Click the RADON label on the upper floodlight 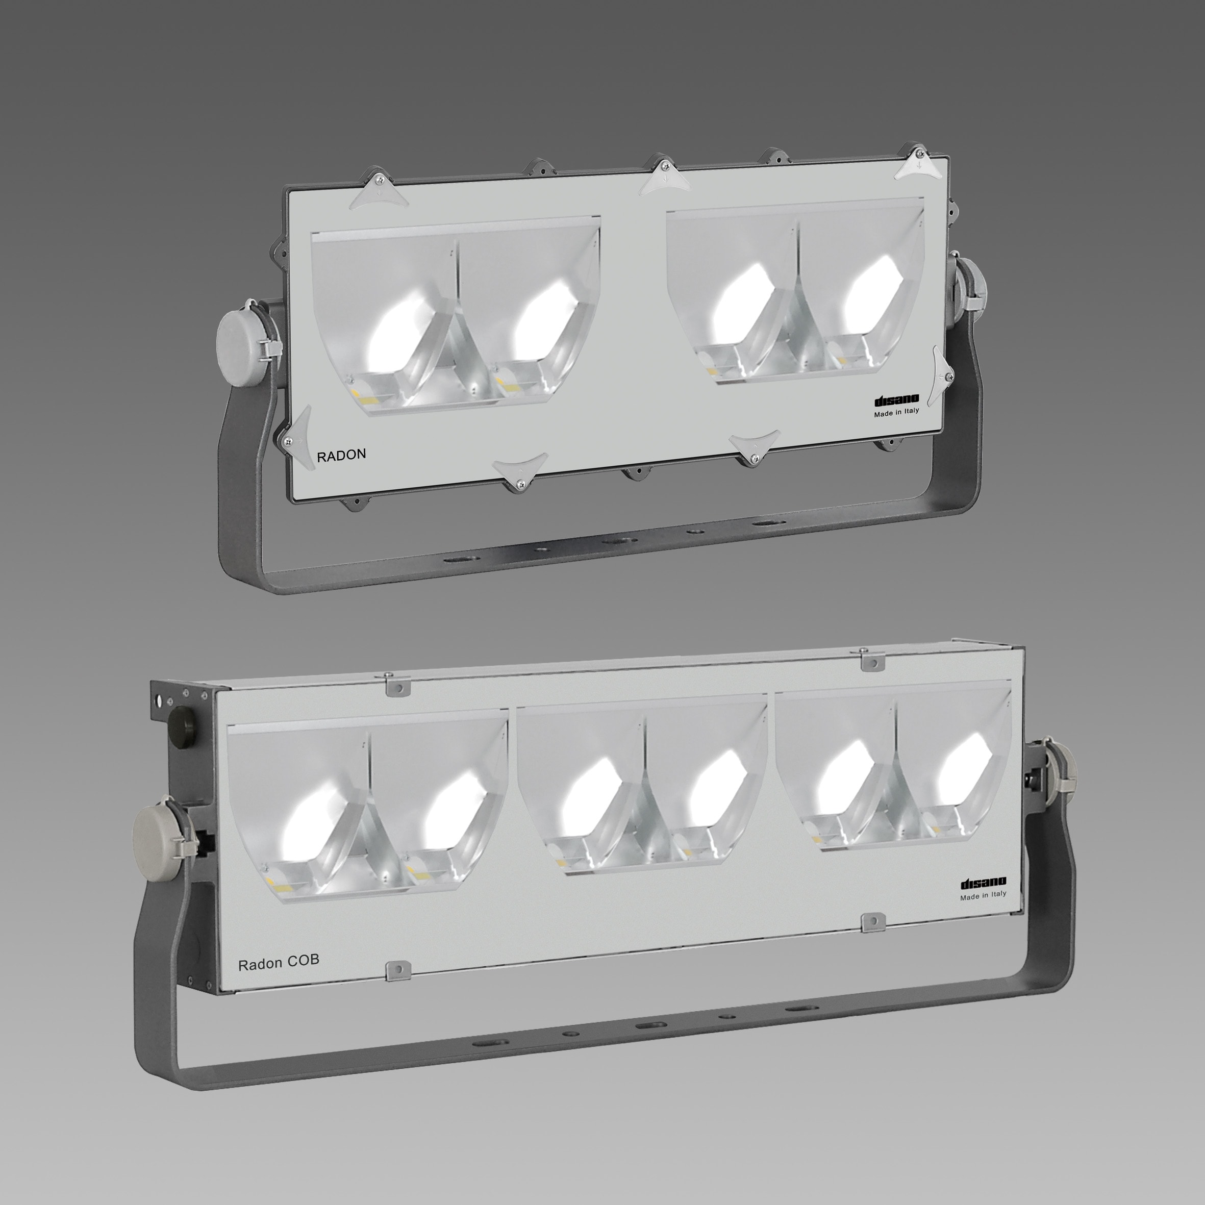coord(341,455)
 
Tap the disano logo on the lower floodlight coord(983,883)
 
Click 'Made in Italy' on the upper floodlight coord(896,412)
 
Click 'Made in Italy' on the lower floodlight coord(983,894)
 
